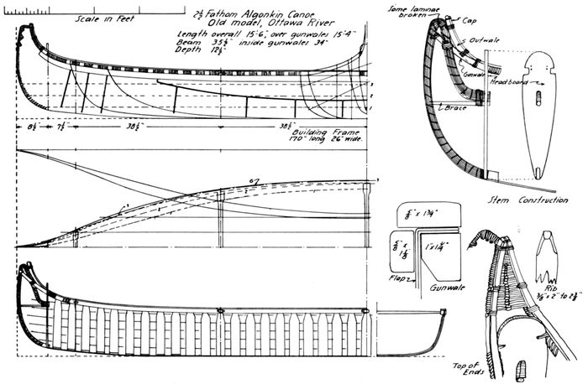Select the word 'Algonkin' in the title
click(x=252, y=13)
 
